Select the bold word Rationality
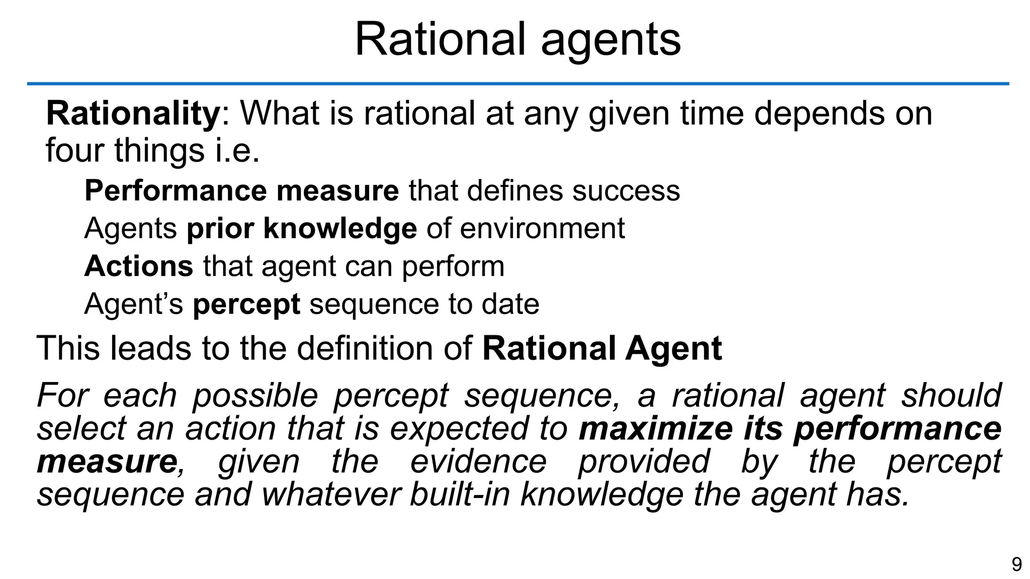click(x=133, y=114)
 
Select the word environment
click(x=542, y=229)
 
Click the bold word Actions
click(x=138, y=266)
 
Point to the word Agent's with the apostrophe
click(x=133, y=304)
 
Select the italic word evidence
click(x=478, y=462)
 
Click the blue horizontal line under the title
click(x=518, y=83)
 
